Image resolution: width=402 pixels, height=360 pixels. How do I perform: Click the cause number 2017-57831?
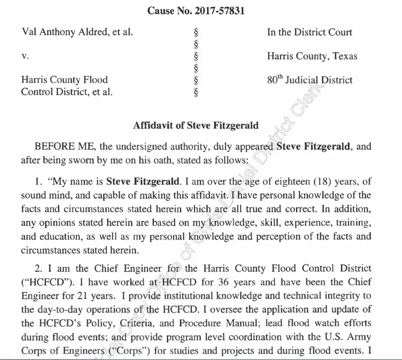click(x=220, y=11)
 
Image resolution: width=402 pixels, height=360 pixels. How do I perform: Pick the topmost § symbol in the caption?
click(x=196, y=32)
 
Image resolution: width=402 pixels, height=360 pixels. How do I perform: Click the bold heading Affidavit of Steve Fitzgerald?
click(x=196, y=125)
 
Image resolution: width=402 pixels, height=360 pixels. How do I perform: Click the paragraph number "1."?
click(x=38, y=182)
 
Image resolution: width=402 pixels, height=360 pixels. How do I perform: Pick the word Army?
click(x=361, y=337)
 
